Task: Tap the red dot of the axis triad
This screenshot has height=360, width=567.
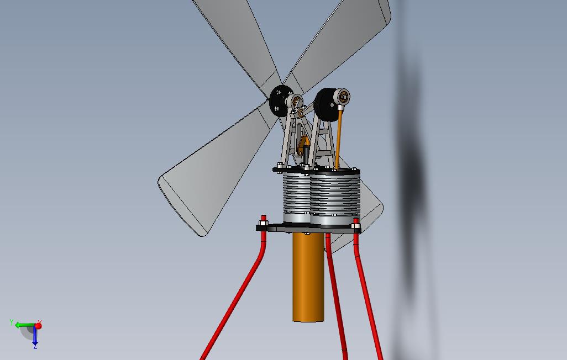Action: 38,326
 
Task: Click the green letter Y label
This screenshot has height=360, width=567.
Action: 12,322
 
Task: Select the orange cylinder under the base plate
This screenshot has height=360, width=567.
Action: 308,277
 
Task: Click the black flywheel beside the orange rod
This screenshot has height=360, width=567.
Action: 325,104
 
